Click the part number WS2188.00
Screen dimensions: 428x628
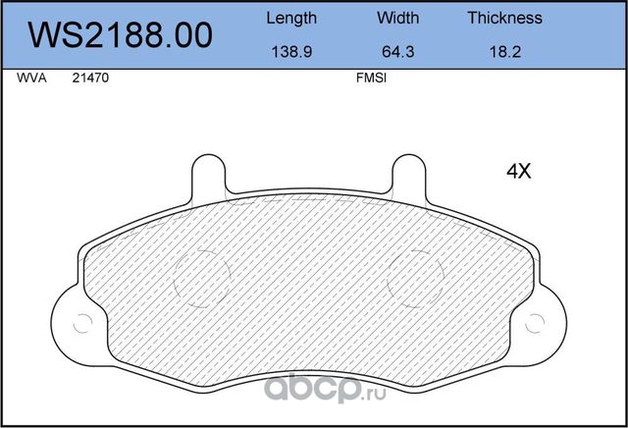pyautogui.click(x=122, y=35)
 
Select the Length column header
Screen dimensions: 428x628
pyautogui.click(x=291, y=18)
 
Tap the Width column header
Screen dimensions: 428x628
pyautogui.click(x=397, y=18)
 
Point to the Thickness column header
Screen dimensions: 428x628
pyautogui.click(x=504, y=18)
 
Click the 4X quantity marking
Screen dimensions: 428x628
pyautogui.click(x=517, y=172)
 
